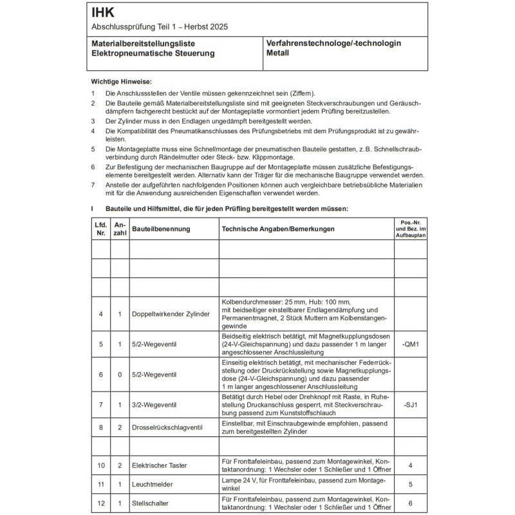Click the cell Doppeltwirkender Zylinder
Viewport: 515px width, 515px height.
pyautogui.click(x=171, y=314)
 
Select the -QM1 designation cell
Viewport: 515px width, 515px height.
pyautogui.click(x=409, y=344)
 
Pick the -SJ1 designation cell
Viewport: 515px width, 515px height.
pyautogui.click(x=409, y=406)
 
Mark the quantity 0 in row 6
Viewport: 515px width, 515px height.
pyautogui.click(x=120, y=375)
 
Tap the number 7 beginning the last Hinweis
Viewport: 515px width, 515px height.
pyautogui.click(x=93, y=185)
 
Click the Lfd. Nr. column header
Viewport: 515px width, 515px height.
pyautogui.click(x=100, y=229)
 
